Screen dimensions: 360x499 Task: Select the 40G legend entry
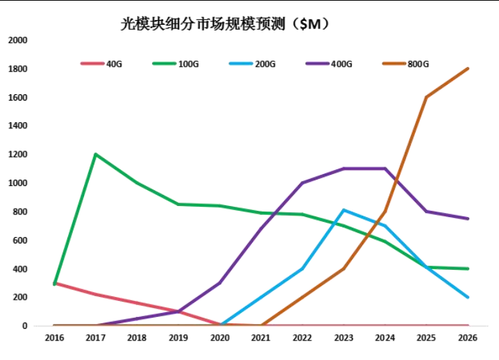point(114,64)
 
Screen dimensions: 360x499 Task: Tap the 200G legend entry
point(265,64)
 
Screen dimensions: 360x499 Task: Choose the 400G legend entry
point(341,64)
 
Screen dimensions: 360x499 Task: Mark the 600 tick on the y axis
point(19,241)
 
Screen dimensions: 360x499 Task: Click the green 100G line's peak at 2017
point(95,154)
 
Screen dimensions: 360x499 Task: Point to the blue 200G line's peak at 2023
point(344,210)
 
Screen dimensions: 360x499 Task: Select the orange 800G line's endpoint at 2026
point(468,69)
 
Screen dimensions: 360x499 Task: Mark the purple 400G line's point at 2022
point(302,183)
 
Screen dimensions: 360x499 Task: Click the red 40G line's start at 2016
point(54,282)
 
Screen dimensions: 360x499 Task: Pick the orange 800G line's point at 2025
point(426,97)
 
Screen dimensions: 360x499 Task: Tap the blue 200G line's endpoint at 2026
point(468,297)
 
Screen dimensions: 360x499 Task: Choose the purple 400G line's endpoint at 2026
point(468,218)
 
